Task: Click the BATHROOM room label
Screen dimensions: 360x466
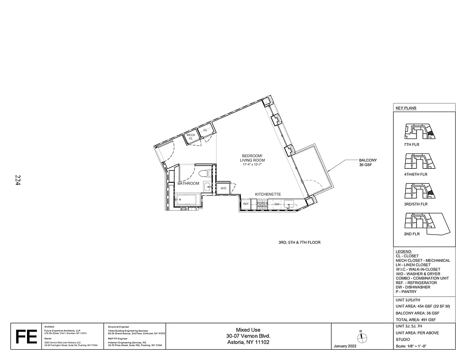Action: click(188, 184)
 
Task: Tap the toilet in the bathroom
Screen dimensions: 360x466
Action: click(203, 174)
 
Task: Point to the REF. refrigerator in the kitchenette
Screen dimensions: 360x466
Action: click(246, 204)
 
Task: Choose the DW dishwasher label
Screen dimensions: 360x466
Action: click(277, 204)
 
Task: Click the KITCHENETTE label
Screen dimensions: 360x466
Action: click(268, 194)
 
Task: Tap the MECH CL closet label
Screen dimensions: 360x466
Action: click(191, 136)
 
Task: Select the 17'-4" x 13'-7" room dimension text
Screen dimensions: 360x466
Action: click(252, 165)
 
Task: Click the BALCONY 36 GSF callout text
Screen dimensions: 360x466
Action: click(368, 162)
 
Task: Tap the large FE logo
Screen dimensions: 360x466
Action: click(26, 337)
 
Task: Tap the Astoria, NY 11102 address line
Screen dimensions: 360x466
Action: click(248, 342)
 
